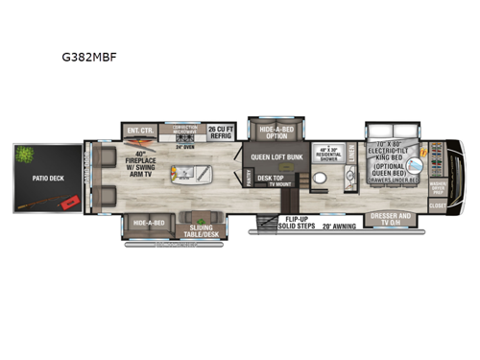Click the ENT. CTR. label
[x=136, y=130]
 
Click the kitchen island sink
[x=179, y=175]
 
